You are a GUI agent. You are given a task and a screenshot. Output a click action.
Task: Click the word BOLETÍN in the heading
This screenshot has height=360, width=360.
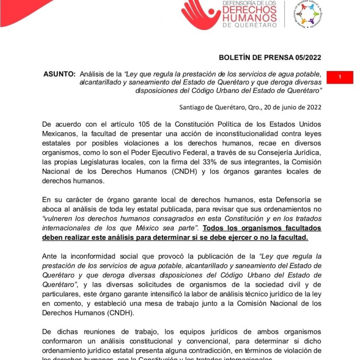click(x=235, y=57)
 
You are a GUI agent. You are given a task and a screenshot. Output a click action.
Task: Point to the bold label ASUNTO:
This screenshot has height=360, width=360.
click(x=60, y=74)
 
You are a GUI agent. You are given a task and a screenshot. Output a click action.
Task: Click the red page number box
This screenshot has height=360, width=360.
click(x=340, y=77)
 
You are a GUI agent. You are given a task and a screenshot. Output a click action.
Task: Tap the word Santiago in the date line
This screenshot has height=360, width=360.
click(x=194, y=108)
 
